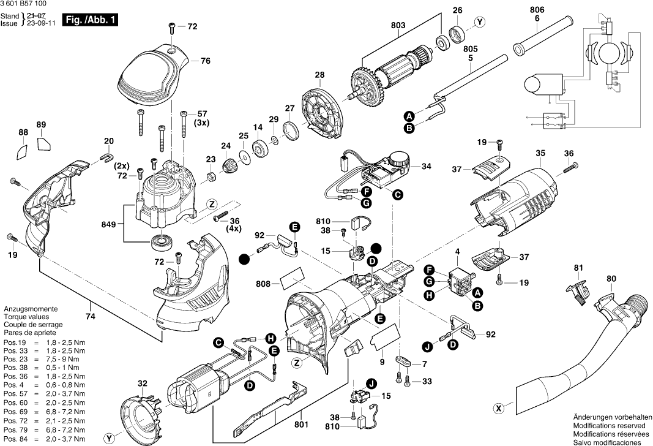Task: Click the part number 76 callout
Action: coord(206,61)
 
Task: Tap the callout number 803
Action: coord(398,25)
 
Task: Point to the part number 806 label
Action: coord(537,9)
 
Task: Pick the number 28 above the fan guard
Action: coord(319,75)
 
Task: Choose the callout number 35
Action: coord(540,153)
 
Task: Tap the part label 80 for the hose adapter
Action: coord(611,279)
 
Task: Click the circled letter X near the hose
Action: coord(499,407)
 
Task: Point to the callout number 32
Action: coord(142,384)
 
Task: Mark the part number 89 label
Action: coord(41,126)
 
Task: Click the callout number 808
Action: coord(264,284)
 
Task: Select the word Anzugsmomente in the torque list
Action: coord(31,310)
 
